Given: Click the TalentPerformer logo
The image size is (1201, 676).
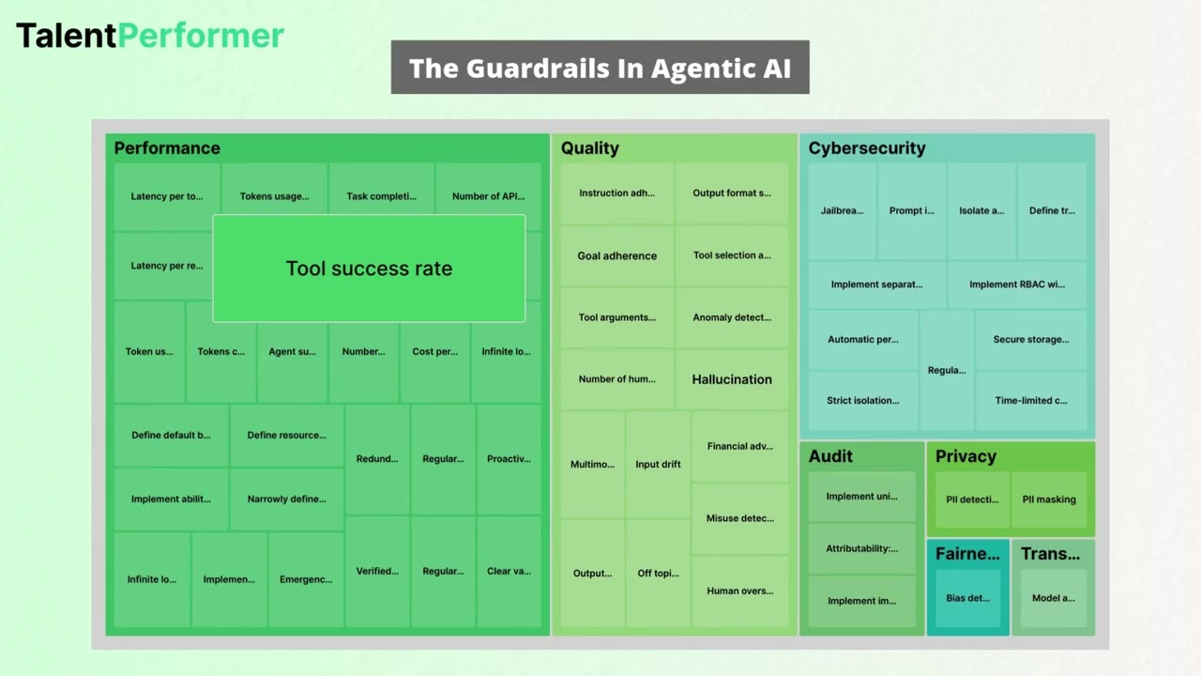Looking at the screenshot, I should coord(150,36).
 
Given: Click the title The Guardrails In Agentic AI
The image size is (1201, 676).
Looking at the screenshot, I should coord(600,68).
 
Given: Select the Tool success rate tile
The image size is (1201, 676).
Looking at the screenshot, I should coord(369,269).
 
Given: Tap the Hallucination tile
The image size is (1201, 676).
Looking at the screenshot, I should coord(732,379).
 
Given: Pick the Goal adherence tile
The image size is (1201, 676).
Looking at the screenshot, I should coord(616,255).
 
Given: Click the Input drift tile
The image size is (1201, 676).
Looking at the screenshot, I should coord(658,464).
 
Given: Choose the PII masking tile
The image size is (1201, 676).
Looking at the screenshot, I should coord(1049,499).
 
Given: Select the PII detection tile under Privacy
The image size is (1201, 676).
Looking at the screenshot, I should coord(972,499).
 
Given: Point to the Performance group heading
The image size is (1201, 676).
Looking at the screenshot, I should coord(167,148).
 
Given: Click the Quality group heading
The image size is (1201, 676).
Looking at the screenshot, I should coord(589,148).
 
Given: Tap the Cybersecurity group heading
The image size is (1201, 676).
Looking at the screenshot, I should coord(866,148).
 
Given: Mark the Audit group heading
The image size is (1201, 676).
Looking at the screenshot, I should coord(830,456).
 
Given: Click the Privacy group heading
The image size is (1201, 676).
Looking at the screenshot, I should coord(965,456).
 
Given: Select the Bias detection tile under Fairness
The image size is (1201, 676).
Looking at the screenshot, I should coord(967,598).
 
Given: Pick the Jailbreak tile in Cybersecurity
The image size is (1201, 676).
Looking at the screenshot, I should coord(842,211).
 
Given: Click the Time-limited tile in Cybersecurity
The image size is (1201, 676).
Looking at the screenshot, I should coord(1030,401).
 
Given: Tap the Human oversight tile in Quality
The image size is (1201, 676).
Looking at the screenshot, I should coord(739,591).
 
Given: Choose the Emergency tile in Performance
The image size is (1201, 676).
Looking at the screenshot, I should coord(306,579).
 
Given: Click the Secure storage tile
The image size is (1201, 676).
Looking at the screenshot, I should coord(1030,340).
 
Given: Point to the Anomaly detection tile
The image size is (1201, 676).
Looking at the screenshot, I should coord(732,317).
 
